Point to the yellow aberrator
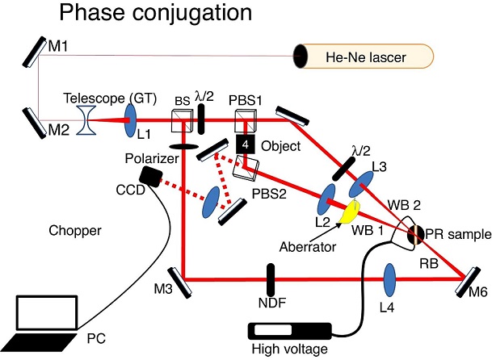pyautogui.click(x=351, y=211)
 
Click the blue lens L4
pyautogui.click(x=389, y=279)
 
